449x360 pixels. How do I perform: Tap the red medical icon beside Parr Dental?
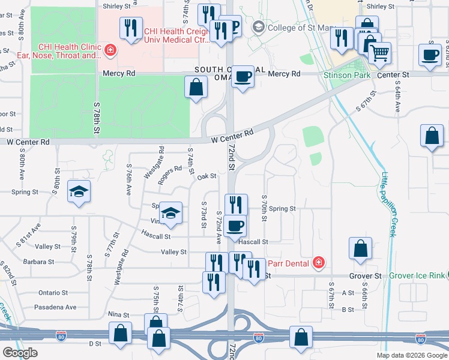click(318, 262)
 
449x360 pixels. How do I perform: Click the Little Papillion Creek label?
click(388, 204)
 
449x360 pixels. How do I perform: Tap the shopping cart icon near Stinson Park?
click(379, 53)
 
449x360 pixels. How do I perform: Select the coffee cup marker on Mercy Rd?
click(243, 76)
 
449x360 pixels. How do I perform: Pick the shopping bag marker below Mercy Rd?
click(196, 88)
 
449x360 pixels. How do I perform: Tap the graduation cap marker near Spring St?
click(79, 191)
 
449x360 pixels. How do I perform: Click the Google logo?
click(19, 353)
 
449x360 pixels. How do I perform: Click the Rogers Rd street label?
click(170, 173)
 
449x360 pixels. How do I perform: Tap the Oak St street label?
click(206, 176)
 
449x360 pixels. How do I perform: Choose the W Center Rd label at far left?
click(26, 142)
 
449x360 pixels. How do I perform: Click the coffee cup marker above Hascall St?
click(237, 225)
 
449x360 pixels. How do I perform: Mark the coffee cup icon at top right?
click(430, 54)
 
